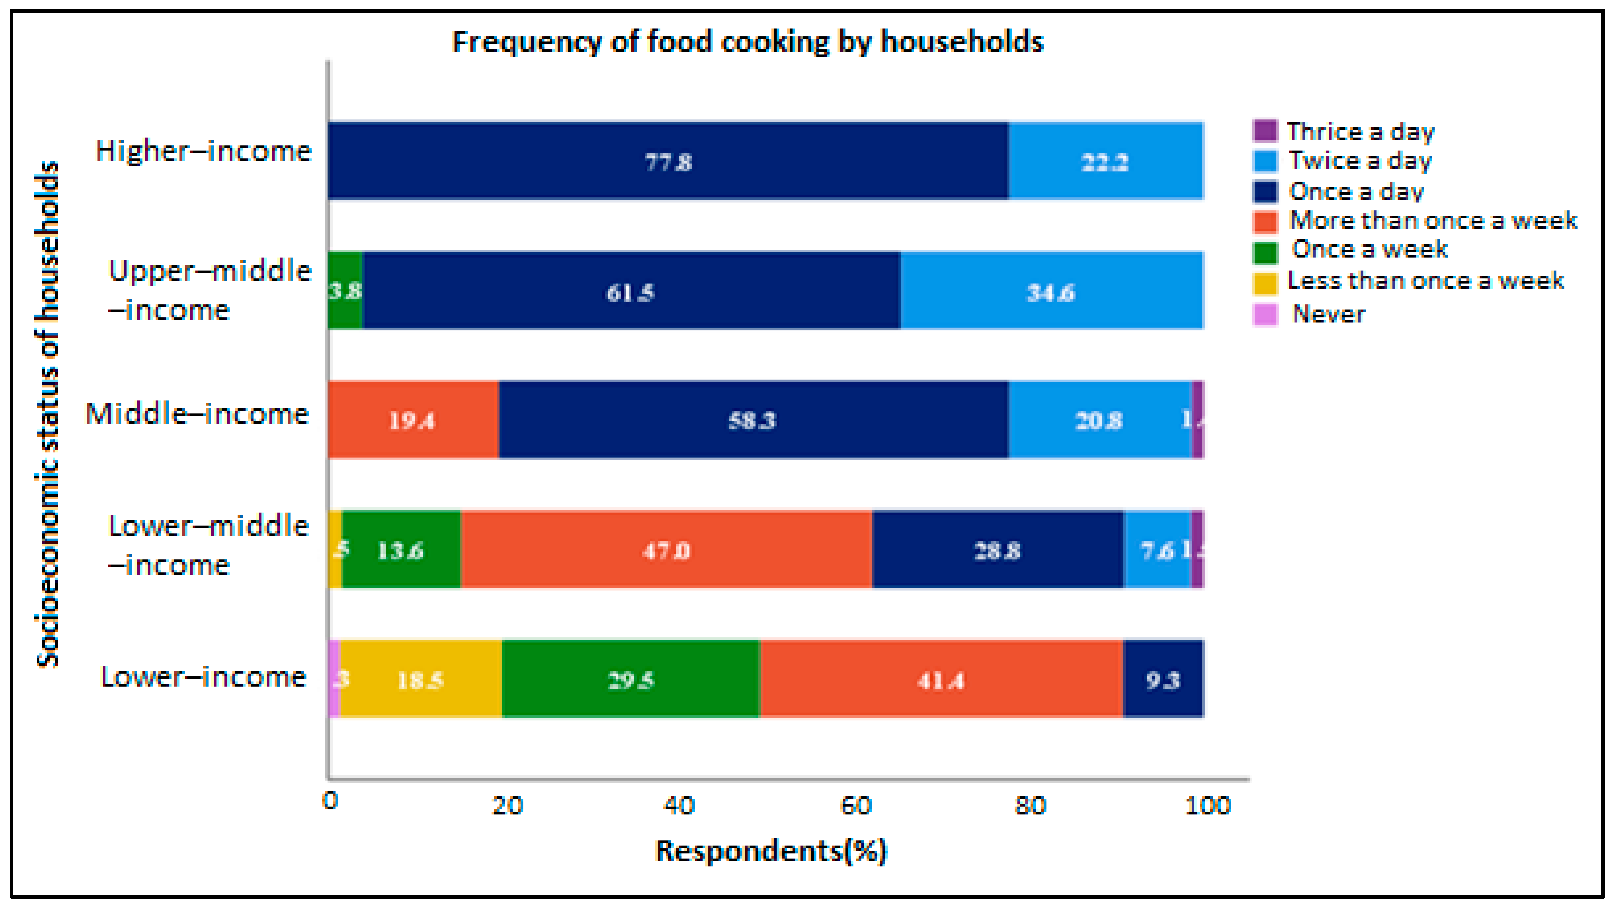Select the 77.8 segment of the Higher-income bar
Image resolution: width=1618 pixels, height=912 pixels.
coord(668,161)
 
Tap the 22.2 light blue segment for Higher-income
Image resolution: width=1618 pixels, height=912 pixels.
coord(1105,161)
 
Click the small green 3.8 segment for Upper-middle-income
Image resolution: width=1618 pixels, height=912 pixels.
coord(345,290)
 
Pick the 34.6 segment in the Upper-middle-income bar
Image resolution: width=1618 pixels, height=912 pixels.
coord(1051,291)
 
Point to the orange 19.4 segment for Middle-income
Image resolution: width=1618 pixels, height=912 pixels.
coord(413,420)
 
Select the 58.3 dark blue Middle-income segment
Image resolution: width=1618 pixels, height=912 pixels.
coord(752,420)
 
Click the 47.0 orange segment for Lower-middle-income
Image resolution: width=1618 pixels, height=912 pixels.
coord(666,549)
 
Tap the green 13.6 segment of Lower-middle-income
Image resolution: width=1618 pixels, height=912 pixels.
coord(401,549)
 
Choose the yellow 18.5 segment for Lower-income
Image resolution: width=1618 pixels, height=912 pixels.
coord(420,679)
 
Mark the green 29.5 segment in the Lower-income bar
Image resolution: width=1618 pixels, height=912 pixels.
coord(631,679)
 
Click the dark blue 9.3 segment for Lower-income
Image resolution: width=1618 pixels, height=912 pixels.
coord(1163,679)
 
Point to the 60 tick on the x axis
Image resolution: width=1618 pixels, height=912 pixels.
coord(855,804)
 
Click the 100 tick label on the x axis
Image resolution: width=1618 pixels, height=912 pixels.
coord(1207,804)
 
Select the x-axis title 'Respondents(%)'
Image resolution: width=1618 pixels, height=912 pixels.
coord(771,851)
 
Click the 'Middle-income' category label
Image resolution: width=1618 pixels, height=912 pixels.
coord(197,414)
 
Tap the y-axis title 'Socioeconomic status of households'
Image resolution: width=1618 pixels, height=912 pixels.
coord(48,415)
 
